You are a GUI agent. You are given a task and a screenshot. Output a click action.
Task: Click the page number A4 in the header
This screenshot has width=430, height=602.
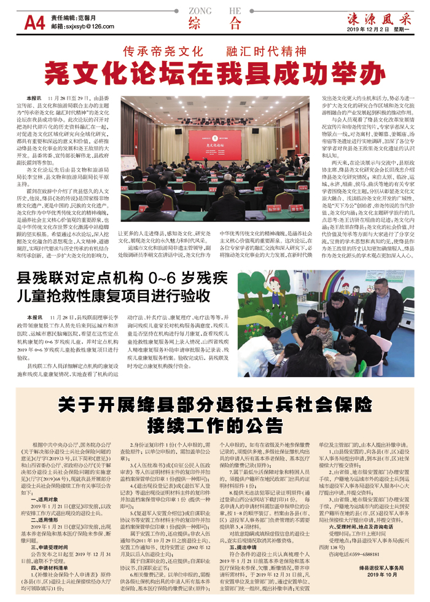[x=34, y=23]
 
